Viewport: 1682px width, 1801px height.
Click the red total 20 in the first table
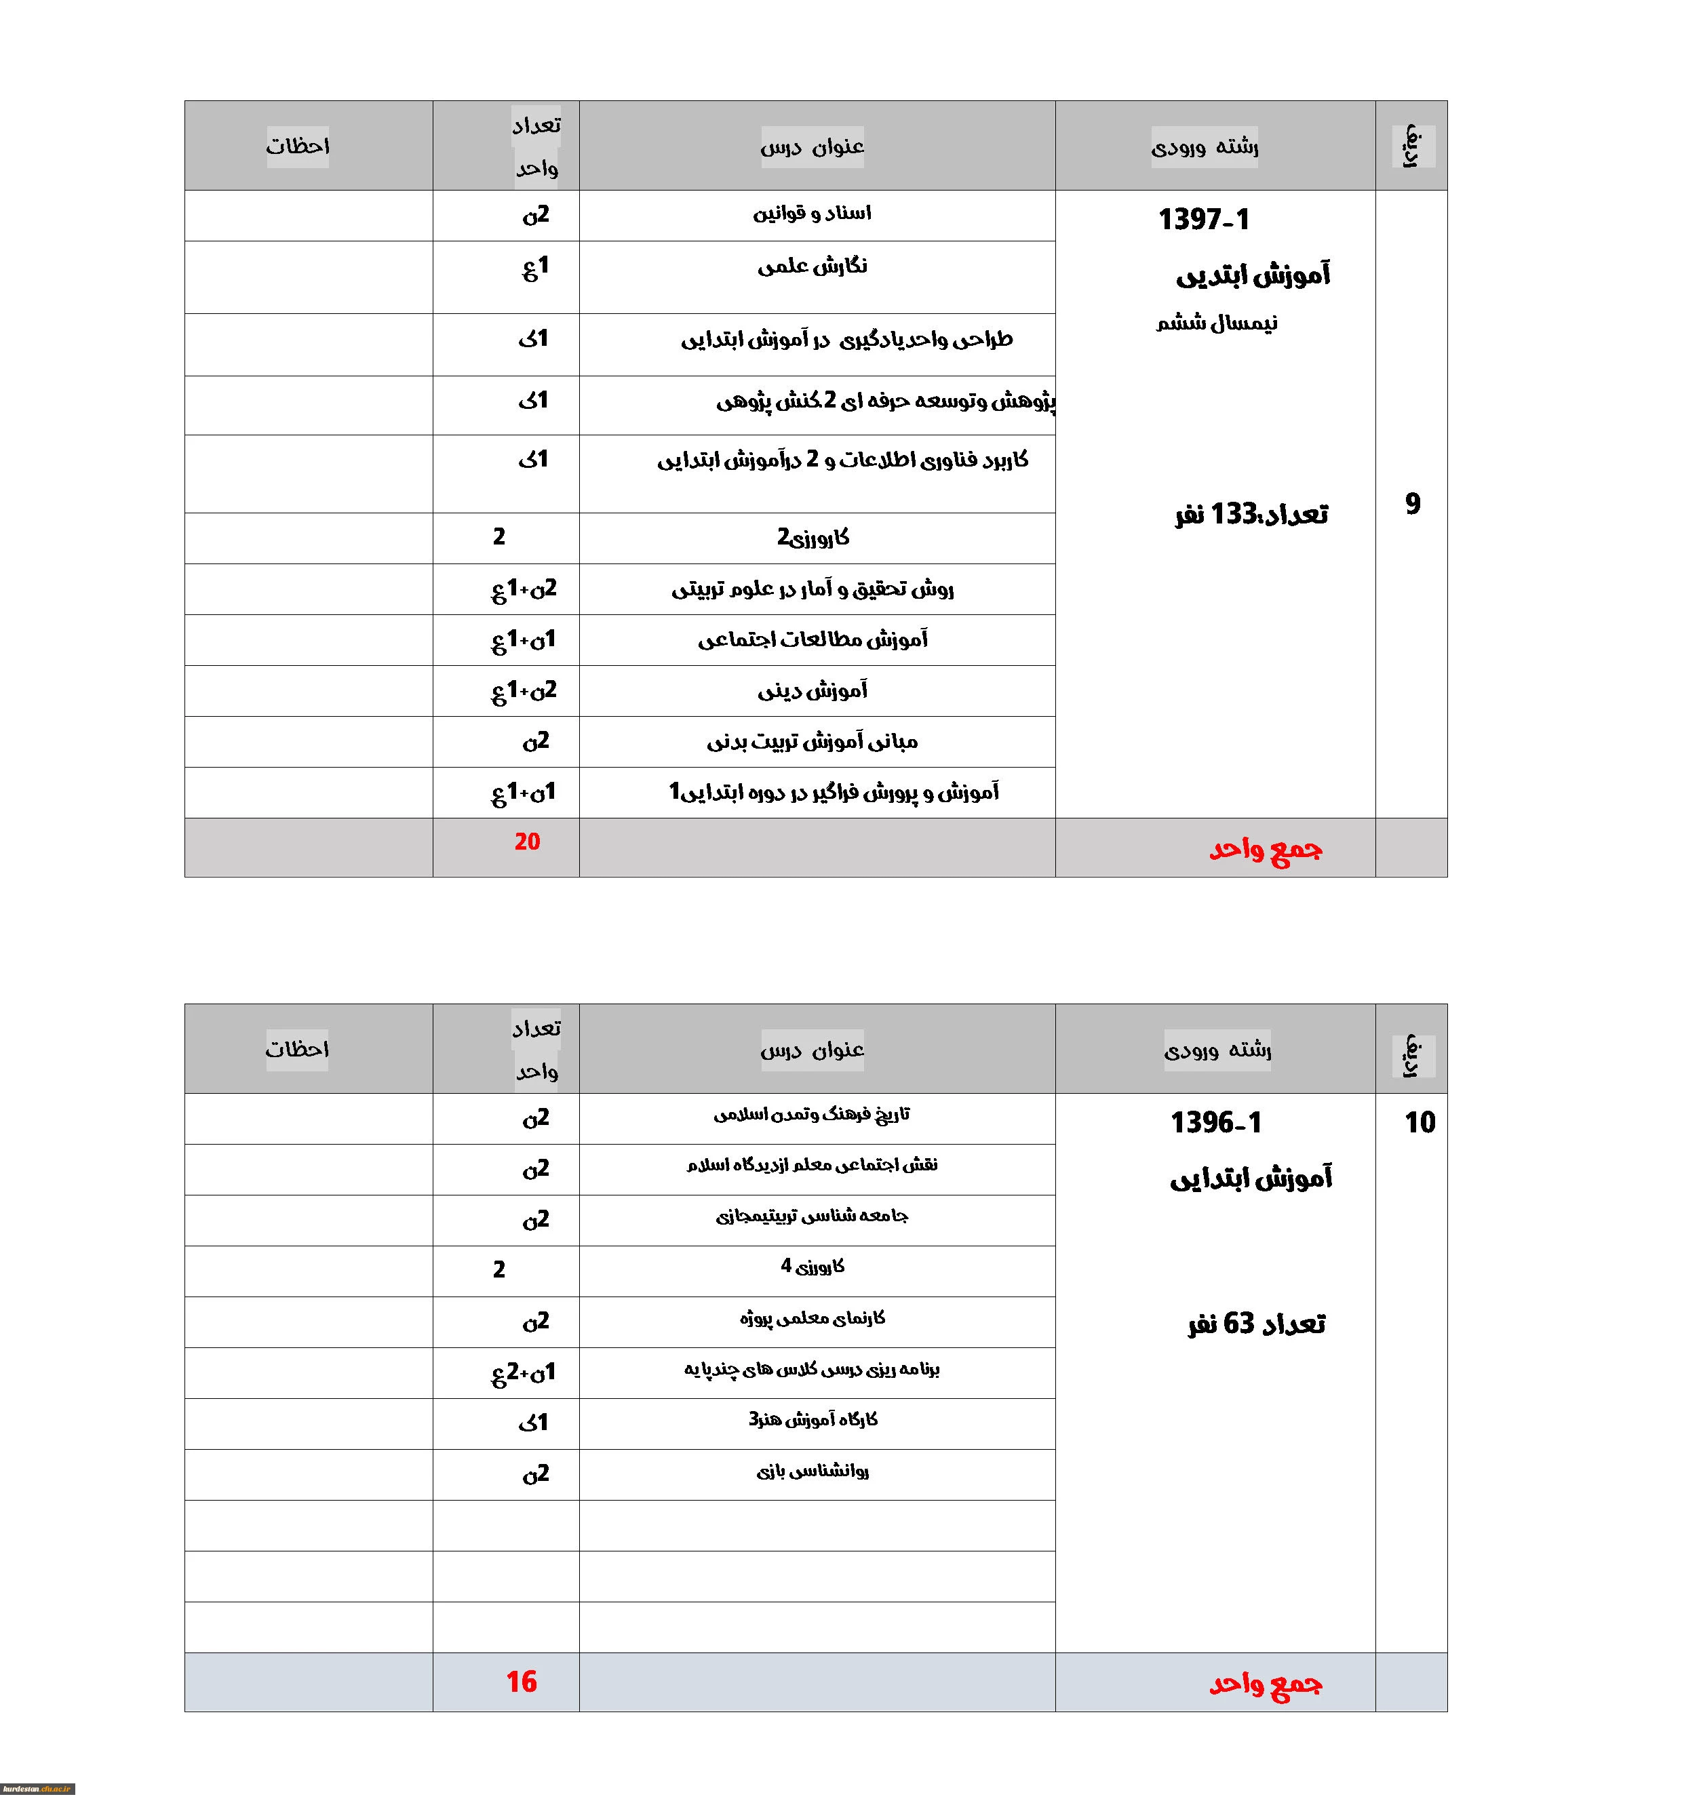526,842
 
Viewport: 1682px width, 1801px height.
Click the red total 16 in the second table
521,1682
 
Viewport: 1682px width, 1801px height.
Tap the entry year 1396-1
1215,1122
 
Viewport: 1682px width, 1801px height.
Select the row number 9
1412,504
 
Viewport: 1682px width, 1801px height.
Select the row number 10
1419,1122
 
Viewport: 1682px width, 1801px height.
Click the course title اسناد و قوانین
812,214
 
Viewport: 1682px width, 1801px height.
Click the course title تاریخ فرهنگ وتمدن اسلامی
812,1114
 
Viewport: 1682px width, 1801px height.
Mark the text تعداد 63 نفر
1256,1324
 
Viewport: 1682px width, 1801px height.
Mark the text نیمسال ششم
1216,323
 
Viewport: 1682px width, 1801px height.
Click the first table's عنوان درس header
812,146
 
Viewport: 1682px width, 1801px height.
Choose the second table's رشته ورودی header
1217,1050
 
